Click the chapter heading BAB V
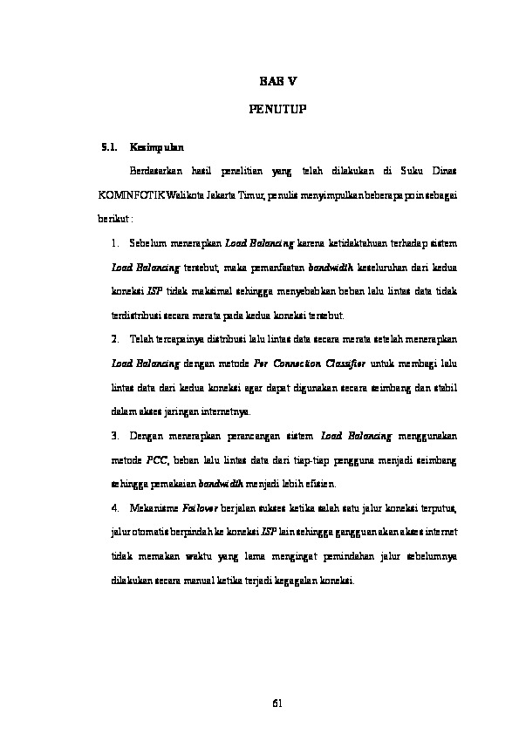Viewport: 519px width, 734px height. (279, 82)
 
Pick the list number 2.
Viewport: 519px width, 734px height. (116, 337)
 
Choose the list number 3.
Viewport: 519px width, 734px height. (116, 433)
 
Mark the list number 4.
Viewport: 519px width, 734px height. (116, 506)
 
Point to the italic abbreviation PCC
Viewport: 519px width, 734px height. (157, 458)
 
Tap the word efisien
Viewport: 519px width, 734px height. (320, 482)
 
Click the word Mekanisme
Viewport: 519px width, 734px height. (151, 506)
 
